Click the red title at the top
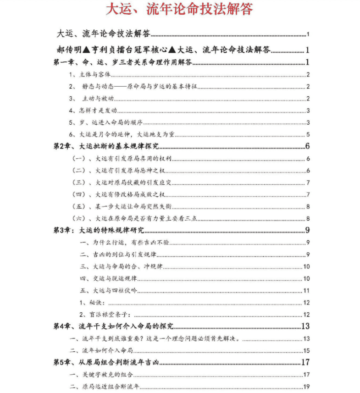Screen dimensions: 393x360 click(x=179, y=9)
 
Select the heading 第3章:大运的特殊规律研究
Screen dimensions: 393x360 click(x=99, y=230)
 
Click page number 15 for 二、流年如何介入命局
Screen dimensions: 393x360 click(x=307, y=351)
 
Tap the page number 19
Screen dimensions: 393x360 click(x=307, y=386)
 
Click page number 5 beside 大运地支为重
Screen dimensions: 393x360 click(x=309, y=134)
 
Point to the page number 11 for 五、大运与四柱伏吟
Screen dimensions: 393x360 click(x=307, y=290)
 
